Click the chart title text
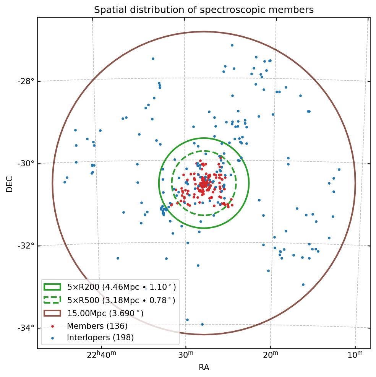point(204,10)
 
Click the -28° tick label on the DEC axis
point(26,81)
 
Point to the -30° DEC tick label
point(26,164)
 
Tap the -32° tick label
point(26,245)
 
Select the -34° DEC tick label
point(26,328)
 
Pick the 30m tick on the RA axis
point(186,356)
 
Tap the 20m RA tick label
point(270,356)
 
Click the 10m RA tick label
point(355,356)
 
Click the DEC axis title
point(10,184)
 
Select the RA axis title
point(204,368)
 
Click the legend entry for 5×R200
point(122,287)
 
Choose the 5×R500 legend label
point(121,300)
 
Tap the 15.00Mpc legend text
point(105,313)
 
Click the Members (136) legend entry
point(97,326)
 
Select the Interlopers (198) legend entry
point(100,338)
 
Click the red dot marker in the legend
point(52,326)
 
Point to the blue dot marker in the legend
point(52,338)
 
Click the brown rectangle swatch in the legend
point(52,313)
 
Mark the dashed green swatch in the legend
point(52,300)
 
